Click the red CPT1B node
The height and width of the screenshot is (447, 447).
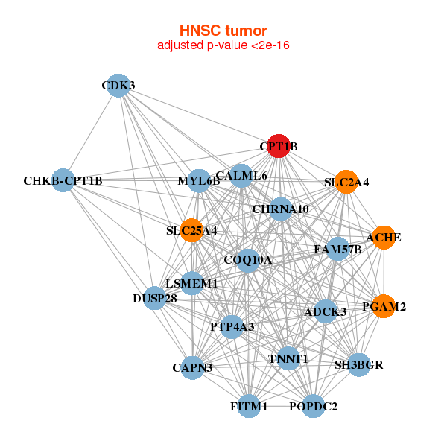[278, 147]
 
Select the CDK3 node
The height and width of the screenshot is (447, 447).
[118, 85]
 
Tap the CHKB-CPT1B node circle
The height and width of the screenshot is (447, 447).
[63, 180]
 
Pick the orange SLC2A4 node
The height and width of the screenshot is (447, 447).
[346, 182]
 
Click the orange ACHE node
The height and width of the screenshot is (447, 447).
[384, 238]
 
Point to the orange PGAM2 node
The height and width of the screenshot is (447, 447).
[384, 306]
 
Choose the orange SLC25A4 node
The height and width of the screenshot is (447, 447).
[192, 231]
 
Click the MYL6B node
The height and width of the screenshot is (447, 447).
[199, 180]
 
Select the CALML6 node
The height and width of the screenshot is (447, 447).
[241, 176]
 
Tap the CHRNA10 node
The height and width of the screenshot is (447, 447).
[280, 209]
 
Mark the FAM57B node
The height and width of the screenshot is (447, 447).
[337, 249]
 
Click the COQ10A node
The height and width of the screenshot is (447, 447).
[247, 260]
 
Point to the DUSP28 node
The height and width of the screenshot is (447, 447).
[155, 299]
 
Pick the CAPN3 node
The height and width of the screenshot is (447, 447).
[192, 367]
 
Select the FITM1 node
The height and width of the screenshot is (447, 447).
[249, 407]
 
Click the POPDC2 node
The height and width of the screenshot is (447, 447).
[314, 407]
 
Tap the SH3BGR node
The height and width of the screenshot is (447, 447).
[359, 365]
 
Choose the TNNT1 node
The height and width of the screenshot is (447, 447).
[288, 358]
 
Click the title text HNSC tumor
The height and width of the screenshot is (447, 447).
[223, 31]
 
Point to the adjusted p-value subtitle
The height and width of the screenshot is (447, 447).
[223, 45]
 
